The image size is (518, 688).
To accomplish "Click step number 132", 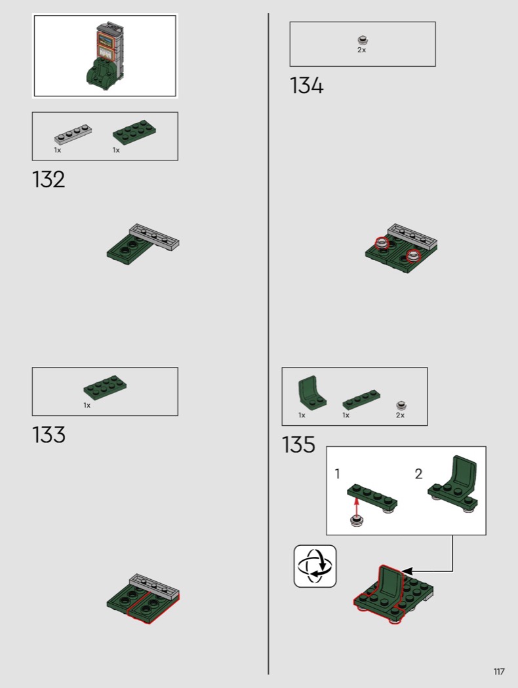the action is (49, 180).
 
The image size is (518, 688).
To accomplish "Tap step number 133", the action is (49, 435).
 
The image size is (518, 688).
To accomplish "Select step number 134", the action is (306, 85).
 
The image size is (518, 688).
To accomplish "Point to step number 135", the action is (298, 444).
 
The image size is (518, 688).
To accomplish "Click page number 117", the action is (499, 672).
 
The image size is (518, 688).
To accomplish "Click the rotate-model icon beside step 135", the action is (315, 566).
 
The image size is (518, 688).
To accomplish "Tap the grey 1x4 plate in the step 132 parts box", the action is (73, 134).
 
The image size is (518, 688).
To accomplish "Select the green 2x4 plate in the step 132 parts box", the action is (135, 132).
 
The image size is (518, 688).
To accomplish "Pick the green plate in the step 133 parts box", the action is (106, 387).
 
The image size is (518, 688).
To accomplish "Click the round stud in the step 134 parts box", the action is (363, 41).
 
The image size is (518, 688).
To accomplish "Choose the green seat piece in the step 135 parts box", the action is (312, 392).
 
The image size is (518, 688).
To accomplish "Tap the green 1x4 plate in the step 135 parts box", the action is (361, 399).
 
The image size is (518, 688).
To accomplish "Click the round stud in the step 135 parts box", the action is (401, 406).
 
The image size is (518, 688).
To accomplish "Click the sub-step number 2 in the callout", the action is (418, 474).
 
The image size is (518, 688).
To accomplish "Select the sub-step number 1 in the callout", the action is (337, 474).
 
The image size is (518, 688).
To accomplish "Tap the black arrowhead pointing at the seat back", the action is (407, 571).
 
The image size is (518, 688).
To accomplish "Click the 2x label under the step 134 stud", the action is (361, 50).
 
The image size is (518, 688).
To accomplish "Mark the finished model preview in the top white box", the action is (104, 56).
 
